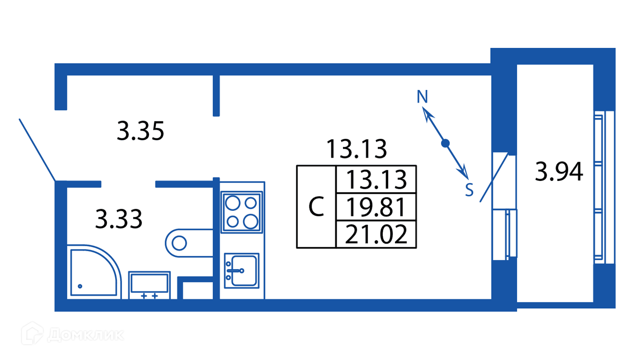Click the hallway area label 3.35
[141, 132]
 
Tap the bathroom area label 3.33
[119, 219]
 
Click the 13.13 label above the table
[356, 149]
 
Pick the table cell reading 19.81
[377, 207]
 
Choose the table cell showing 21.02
[377, 235]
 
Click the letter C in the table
[317, 207]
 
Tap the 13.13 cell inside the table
[377, 180]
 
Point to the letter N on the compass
[422, 97]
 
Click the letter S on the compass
[469, 190]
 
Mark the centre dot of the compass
[445, 143]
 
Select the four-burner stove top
[242, 212]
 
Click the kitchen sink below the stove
[242, 270]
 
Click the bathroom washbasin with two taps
[149, 285]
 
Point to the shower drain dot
[80, 286]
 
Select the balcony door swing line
[494, 178]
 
